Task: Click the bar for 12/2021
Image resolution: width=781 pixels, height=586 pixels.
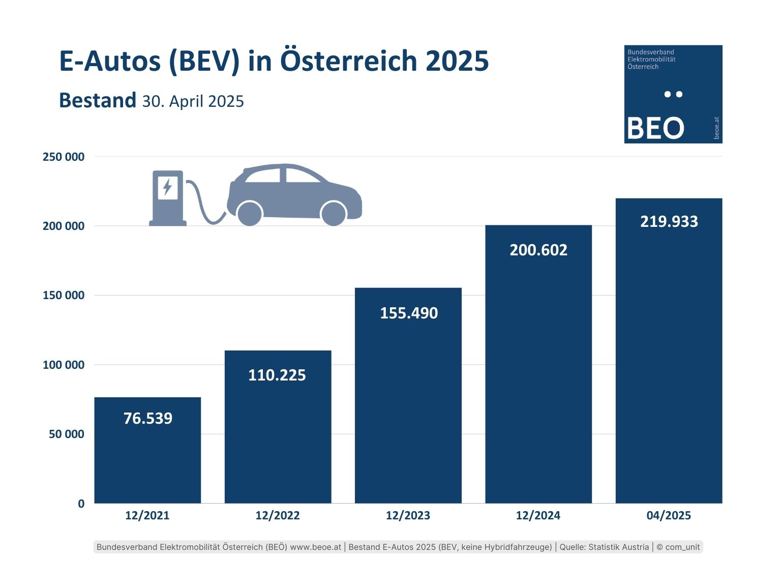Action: [147, 458]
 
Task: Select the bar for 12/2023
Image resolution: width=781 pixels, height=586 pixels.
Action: [408, 407]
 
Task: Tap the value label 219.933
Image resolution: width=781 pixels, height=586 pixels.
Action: [669, 222]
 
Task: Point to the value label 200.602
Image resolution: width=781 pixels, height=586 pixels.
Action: [538, 250]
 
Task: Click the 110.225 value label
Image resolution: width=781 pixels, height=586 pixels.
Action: [277, 375]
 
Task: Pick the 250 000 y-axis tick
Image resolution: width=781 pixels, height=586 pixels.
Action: [64, 157]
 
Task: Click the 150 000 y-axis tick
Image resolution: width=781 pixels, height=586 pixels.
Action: [64, 296]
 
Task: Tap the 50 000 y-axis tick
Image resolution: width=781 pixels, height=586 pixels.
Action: [67, 434]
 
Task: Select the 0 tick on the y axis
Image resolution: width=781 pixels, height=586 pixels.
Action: [81, 504]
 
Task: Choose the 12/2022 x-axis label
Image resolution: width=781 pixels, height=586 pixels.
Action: [278, 515]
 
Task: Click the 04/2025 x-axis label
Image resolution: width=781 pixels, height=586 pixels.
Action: [669, 515]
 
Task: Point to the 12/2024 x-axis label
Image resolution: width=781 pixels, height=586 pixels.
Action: [538, 515]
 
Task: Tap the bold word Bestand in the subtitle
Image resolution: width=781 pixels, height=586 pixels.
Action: [98, 100]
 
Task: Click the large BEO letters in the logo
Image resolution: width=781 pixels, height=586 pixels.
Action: [655, 128]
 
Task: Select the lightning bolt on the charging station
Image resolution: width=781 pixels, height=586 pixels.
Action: [167, 187]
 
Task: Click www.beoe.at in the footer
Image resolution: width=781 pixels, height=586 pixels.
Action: [315, 547]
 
